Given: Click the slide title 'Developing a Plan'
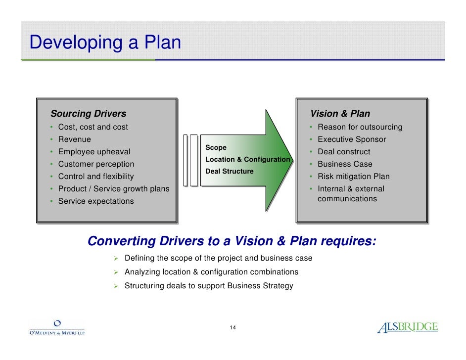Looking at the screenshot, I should click(105, 42).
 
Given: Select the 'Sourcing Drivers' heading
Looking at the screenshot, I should click(88, 114).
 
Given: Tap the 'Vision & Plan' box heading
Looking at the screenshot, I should click(340, 114).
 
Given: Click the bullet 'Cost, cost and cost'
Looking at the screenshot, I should click(93, 127).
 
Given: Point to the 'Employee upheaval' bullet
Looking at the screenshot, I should click(94, 152).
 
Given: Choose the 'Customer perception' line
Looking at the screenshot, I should click(96, 164).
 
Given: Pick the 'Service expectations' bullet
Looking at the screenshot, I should click(96, 201).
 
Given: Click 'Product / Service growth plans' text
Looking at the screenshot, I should click(113, 189).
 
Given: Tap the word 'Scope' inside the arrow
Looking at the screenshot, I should click(216, 147).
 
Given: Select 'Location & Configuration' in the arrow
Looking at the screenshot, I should click(247, 159).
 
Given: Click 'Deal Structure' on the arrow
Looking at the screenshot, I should click(229, 171).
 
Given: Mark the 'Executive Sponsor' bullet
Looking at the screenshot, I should click(352, 139).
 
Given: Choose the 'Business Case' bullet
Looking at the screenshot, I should click(345, 164).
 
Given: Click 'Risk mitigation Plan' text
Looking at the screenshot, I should click(353, 177).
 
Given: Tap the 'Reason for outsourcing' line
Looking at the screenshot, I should click(360, 127).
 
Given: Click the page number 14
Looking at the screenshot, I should click(233, 328).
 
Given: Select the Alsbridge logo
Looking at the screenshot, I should click(407, 327).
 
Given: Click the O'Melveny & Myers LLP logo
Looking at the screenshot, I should click(57, 328).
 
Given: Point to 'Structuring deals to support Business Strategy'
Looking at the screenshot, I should click(209, 285).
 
